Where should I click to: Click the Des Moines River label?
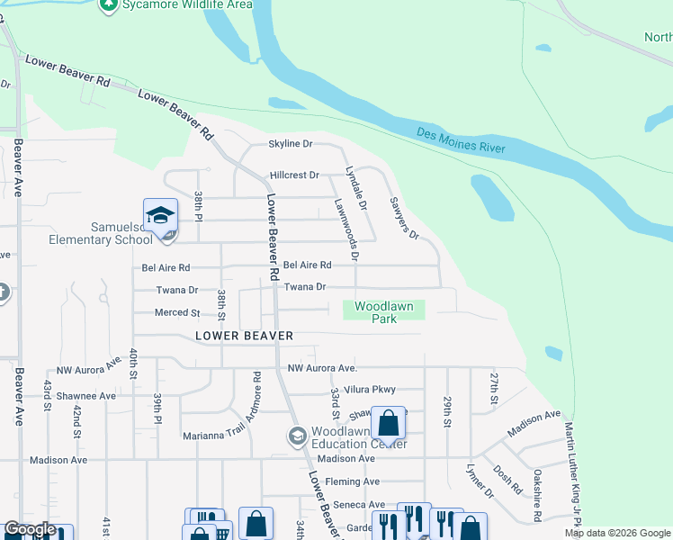(x=462, y=140)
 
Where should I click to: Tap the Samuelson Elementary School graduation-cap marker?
(x=160, y=217)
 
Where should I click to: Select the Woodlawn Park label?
(x=384, y=312)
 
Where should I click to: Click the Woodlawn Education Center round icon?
(x=297, y=436)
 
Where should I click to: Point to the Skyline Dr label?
(x=291, y=144)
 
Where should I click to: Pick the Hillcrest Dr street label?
(x=294, y=175)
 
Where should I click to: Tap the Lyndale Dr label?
(x=357, y=188)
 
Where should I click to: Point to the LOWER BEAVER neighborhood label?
(x=245, y=336)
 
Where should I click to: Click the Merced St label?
(x=176, y=313)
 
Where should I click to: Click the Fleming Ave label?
(x=353, y=481)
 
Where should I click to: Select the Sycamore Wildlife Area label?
(x=176, y=4)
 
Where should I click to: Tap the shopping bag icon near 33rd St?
(x=389, y=422)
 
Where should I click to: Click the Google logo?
(x=30, y=530)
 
